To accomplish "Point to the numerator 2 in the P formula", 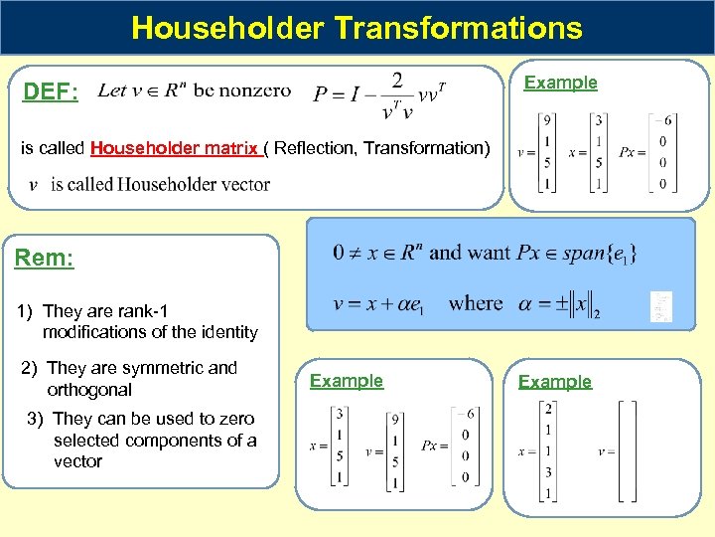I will point(397,79).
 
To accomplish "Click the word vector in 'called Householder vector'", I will point(244,184).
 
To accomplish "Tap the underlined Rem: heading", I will point(45,260).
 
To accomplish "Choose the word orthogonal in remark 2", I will point(89,390).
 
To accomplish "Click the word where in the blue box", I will point(476,302).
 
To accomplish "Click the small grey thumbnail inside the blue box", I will point(660,306).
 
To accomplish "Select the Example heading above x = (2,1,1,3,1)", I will point(555,382).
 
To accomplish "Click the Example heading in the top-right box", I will point(561,83).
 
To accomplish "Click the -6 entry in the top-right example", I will point(668,121).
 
